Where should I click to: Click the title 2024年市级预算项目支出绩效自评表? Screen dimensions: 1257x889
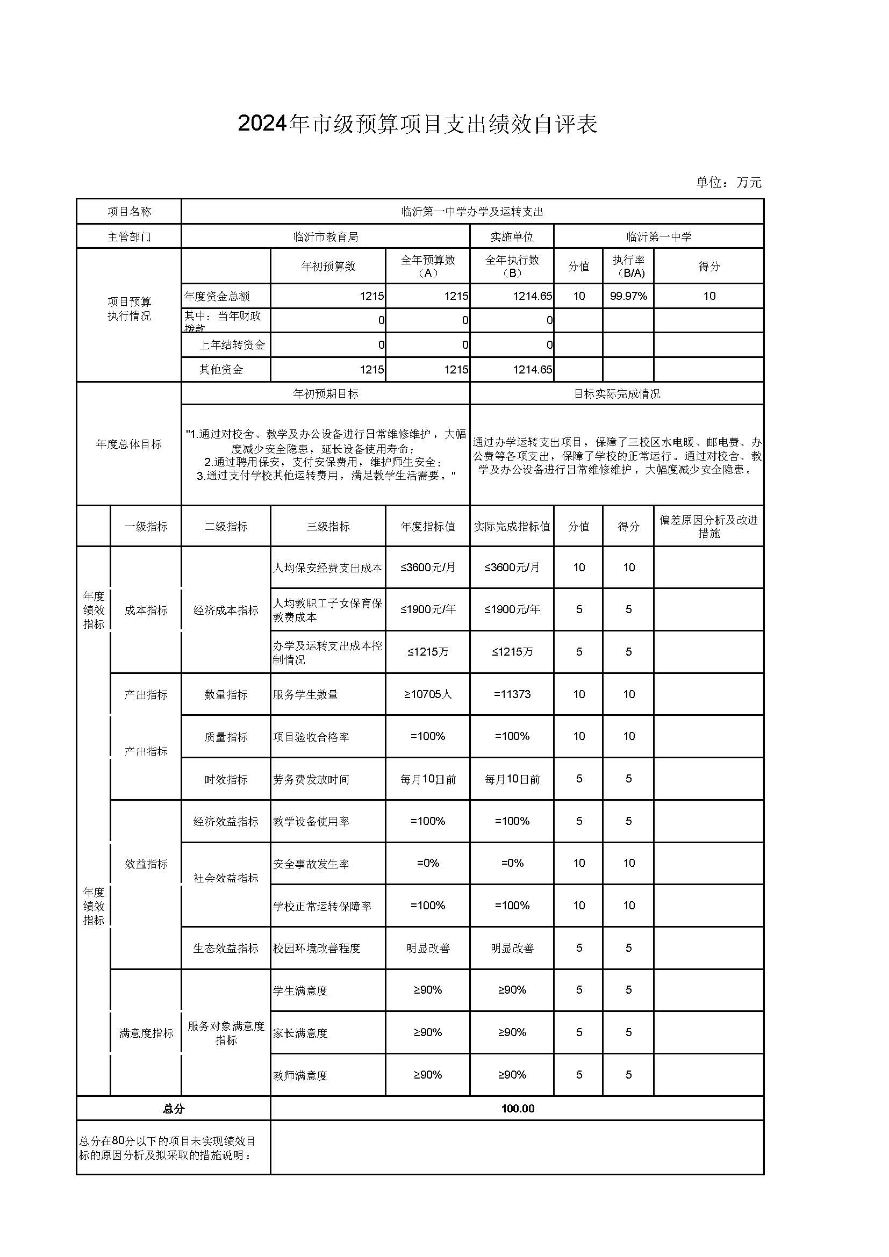coord(417,124)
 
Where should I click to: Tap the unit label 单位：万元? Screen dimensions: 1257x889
coord(728,182)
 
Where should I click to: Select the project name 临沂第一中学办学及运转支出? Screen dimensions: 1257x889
coord(472,212)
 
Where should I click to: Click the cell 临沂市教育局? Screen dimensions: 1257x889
coord(326,237)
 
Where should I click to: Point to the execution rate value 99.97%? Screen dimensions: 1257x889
coord(628,296)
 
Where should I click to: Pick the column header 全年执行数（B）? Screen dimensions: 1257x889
coord(512,266)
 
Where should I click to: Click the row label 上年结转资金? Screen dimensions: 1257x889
coord(232,345)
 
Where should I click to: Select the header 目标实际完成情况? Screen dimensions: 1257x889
coord(617,393)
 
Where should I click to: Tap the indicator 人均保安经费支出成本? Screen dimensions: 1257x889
coord(327,568)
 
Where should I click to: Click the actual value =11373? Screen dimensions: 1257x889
coord(512,694)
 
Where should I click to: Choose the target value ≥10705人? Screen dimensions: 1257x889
coord(427,694)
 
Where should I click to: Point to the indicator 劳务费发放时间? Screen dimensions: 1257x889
coord(311,779)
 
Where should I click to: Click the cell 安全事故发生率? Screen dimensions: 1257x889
coord(311,864)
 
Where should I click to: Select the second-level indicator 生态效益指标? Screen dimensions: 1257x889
coord(226,948)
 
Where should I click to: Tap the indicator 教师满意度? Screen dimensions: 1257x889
coord(300,1075)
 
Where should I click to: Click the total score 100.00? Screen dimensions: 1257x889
coord(517,1109)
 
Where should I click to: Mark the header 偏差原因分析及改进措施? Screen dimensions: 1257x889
coord(708,527)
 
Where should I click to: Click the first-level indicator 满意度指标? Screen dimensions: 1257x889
coord(146,1033)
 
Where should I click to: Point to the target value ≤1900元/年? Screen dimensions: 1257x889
coord(427,609)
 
